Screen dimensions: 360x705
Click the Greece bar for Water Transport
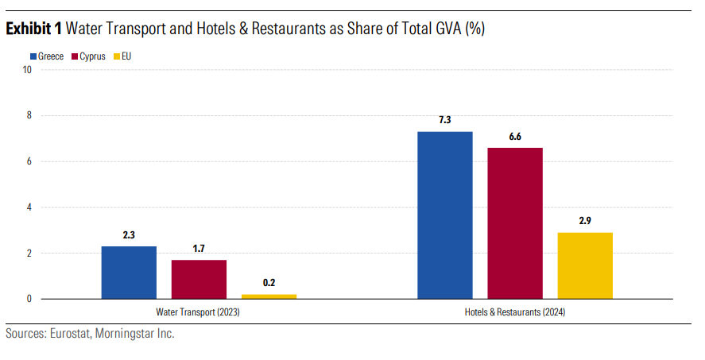[x=129, y=273]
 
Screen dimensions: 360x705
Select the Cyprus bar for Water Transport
[x=199, y=279]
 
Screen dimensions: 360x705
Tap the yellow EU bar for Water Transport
[x=269, y=296]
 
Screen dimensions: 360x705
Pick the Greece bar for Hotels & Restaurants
[x=445, y=215]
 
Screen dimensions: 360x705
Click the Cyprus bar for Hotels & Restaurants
[x=515, y=223]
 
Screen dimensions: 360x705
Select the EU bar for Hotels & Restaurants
[x=585, y=265]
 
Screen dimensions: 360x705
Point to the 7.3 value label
[x=445, y=120]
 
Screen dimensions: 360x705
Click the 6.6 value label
[x=515, y=137]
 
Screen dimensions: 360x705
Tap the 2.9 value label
[x=585, y=221]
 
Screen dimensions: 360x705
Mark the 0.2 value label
[x=269, y=283]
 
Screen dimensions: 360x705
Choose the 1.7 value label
[x=199, y=249]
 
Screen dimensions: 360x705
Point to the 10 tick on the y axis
[x=27, y=70]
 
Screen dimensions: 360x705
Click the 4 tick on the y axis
[x=29, y=207]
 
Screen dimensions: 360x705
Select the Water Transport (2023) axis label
[x=199, y=313]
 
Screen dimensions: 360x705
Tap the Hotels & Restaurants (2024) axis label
[x=515, y=313]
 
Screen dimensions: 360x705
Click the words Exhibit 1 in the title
[x=34, y=29]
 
